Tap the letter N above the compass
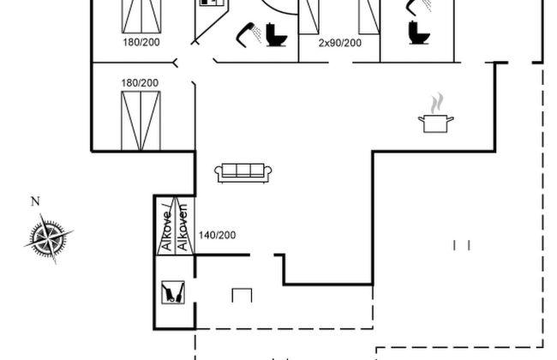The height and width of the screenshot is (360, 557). pyautogui.click(x=35, y=202)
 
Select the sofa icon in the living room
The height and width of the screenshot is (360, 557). pyautogui.click(x=243, y=171)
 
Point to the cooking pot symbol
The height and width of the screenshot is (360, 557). pyautogui.click(x=436, y=123)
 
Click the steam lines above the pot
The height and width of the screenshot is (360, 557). pyautogui.click(x=437, y=104)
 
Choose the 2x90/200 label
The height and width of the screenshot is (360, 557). pyautogui.click(x=339, y=42)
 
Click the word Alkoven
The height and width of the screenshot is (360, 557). pyautogui.click(x=183, y=231)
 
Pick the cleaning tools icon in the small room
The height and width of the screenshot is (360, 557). pyautogui.click(x=172, y=292)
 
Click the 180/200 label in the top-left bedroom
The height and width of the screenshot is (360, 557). pyautogui.click(x=140, y=42)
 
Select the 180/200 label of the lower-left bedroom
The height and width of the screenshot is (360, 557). pyautogui.click(x=140, y=82)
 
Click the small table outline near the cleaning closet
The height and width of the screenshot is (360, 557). pyautogui.click(x=243, y=294)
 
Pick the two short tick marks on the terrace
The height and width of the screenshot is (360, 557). pyautogui.click(x=461, y=245)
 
